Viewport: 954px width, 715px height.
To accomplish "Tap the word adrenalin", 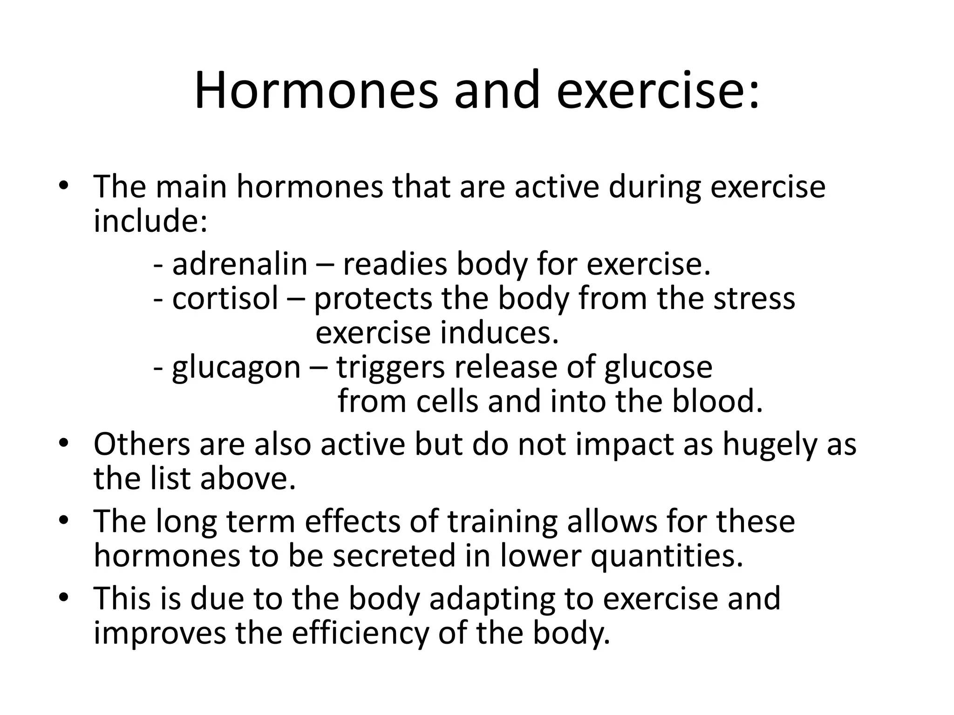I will coord(239,264).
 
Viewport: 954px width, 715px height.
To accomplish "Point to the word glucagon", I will coord(236,368).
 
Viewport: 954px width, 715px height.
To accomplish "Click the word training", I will coord(502,522).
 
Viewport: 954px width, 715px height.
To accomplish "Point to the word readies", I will coord(395,264).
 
